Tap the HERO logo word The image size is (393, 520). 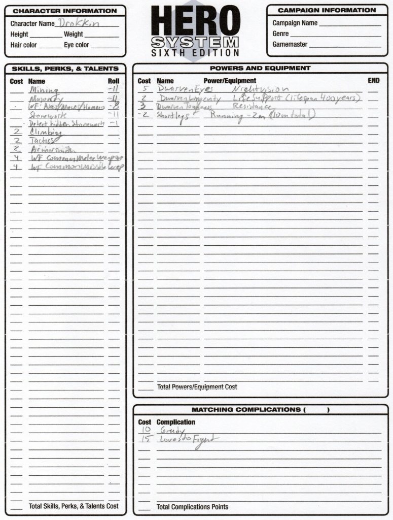point(195,22)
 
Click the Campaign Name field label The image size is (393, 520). point(295,23)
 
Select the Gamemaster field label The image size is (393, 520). point(290,44)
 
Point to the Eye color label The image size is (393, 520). point(76,45)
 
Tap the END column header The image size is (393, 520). point(373,80)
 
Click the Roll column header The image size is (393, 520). point(114,81)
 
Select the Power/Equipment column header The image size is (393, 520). point(230,80)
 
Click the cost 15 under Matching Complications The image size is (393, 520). point(145,439)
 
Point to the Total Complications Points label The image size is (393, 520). point(192,506)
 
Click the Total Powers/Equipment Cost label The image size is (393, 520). point(197,387)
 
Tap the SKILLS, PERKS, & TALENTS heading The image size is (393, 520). point(65,68)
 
